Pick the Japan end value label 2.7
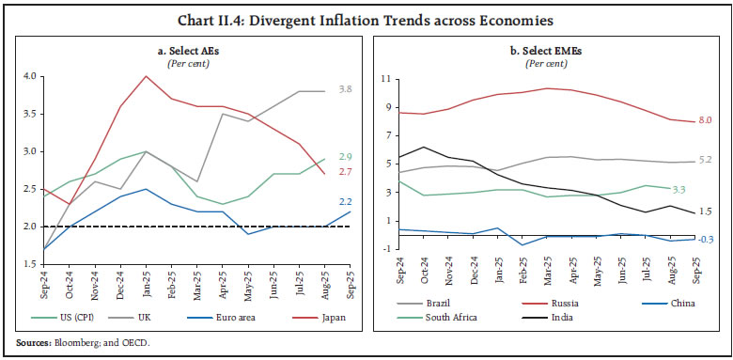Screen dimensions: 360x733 coord(345,172)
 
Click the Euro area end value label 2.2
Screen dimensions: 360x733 coord(345,202)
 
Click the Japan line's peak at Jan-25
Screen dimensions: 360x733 coord(144,76)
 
